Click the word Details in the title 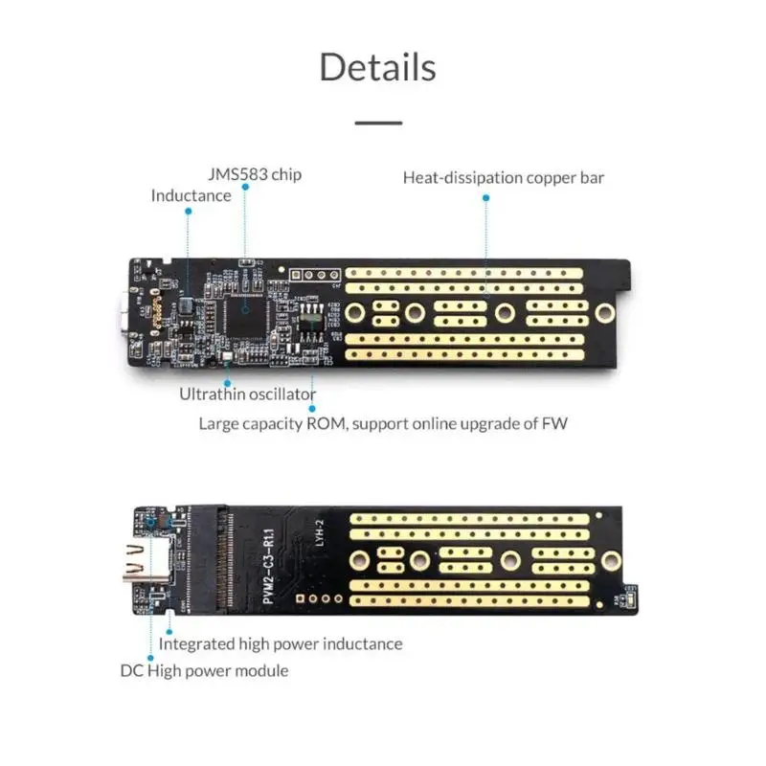[377, 67]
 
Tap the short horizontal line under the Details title [378, 123]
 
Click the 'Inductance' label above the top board [191, 195]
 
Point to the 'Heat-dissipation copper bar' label [503, 177]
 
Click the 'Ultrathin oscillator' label [247, 394]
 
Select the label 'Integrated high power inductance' [280, 643]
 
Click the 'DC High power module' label [204, 670]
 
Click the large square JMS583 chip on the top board [245, 310]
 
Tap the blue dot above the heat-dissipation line [485, 198]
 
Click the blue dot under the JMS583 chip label [245, 189]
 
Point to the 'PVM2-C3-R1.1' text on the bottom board [268, 559]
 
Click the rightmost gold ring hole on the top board [603, 313]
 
